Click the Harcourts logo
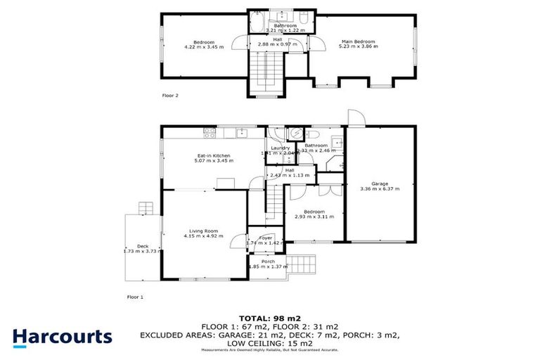coord(62,336)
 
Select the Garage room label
coord(379,184)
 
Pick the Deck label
coord(143,245)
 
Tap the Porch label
coord(268,262)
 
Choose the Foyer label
coord(265,238)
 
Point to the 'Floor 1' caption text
coord(135,297)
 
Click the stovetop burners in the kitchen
coord(209,131)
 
